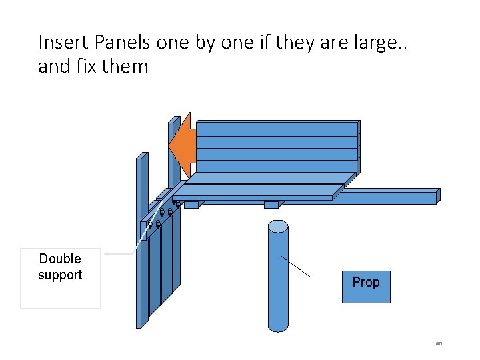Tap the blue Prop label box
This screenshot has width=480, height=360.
tap(365, 286)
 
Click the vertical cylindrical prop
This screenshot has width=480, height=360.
tap(278, 280)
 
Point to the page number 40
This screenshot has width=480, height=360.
tap(439, 344)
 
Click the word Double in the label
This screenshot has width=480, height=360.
tap(60, 259)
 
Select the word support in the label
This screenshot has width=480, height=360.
tap(60, 275)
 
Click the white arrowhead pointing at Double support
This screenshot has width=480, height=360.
tap(107, 254)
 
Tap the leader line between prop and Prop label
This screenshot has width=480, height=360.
tap(311, 267)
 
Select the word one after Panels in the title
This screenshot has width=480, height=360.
tap(173, 43)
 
